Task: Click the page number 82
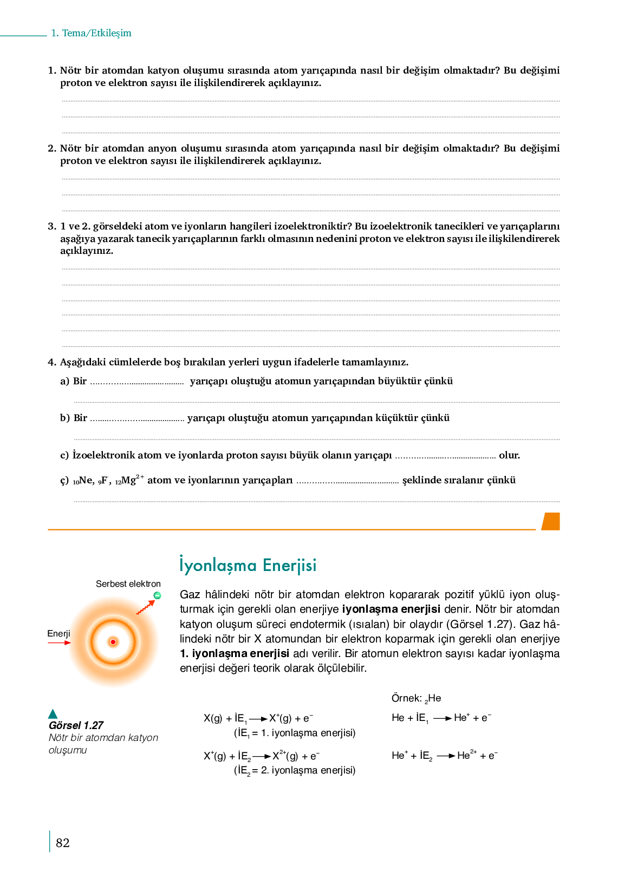click(63, 843)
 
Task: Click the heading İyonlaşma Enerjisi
click(248, 565)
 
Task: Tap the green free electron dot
click(157, 595)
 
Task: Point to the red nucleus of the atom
click(113, 642)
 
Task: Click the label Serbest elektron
click(128, 584)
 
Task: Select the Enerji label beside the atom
click(58, 633)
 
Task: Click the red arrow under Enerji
click(59, 643)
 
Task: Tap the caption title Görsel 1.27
click(76, 725)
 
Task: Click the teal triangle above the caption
click(53, 713)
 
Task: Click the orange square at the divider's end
click(551, 521)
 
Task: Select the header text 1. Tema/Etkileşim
click(91, 33)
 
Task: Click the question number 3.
click(52, 226)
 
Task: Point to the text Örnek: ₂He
click(416, 698)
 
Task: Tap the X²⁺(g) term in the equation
click(285, 756)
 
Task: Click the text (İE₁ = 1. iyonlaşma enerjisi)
click(295, 733)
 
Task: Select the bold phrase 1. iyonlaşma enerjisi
click(235, 654)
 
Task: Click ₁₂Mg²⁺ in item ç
click(129, 480)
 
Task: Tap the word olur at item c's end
click(509, 455)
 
